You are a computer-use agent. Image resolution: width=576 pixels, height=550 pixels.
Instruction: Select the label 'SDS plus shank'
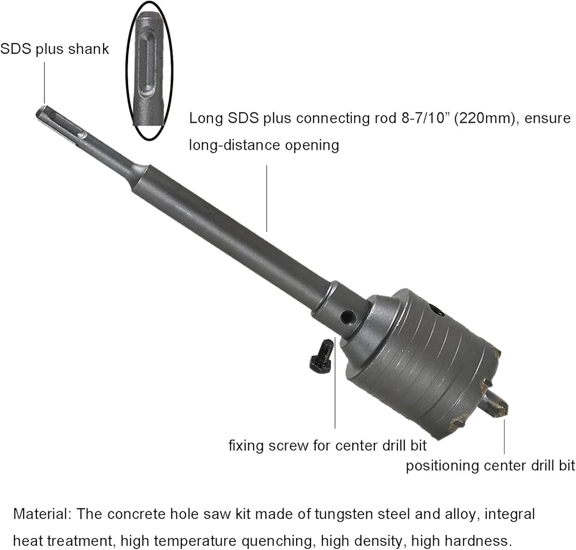55,49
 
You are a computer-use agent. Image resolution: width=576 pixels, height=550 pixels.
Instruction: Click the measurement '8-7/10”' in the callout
422,118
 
